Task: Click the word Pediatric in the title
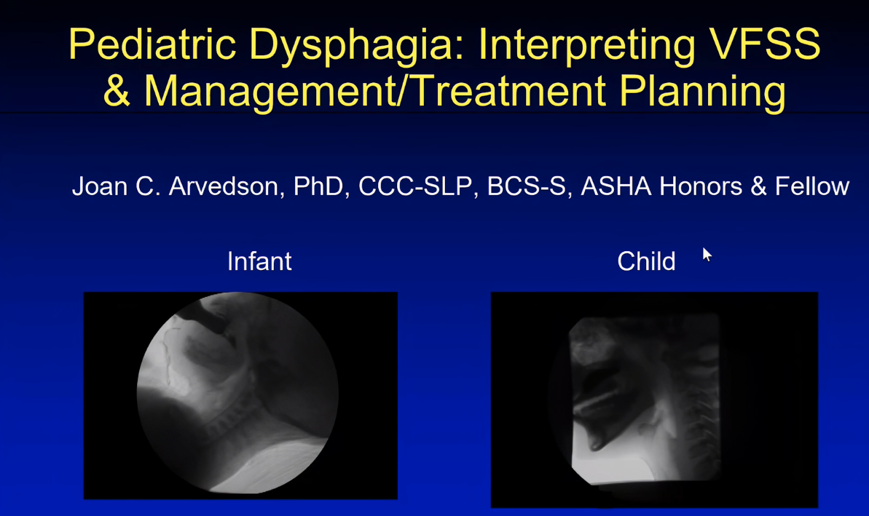click(152, 44)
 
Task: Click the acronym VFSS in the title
click(765, 44)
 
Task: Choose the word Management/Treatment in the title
click(374, 92)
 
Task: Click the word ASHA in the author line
click(616, 186)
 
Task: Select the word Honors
click(701, 186)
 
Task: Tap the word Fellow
click(812, 186)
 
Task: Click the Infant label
click(259, 261)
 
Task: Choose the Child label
click(646, 261)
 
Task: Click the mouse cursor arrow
click(707, 255)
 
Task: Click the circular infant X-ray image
click(237, 392)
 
